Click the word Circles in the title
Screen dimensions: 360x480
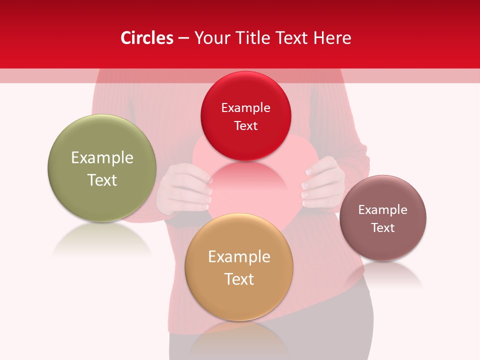146,38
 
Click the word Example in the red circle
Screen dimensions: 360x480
245,107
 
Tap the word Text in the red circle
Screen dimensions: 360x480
245,125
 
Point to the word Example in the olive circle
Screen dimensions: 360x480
102,157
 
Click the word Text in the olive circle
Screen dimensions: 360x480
102,180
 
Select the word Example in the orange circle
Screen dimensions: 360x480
239,256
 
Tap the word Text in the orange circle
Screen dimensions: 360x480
239,279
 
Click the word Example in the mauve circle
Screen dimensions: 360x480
383,209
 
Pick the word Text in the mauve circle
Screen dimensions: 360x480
383,227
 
